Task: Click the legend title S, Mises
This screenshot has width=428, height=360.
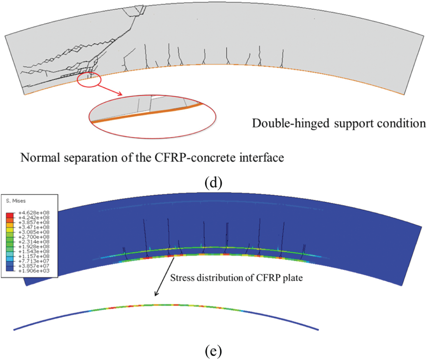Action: [16, 201]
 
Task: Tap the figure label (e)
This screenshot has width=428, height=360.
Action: [214, 351]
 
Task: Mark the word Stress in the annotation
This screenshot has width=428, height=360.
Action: [182, 278]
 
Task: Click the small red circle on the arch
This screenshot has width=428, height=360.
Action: [89, 79]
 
